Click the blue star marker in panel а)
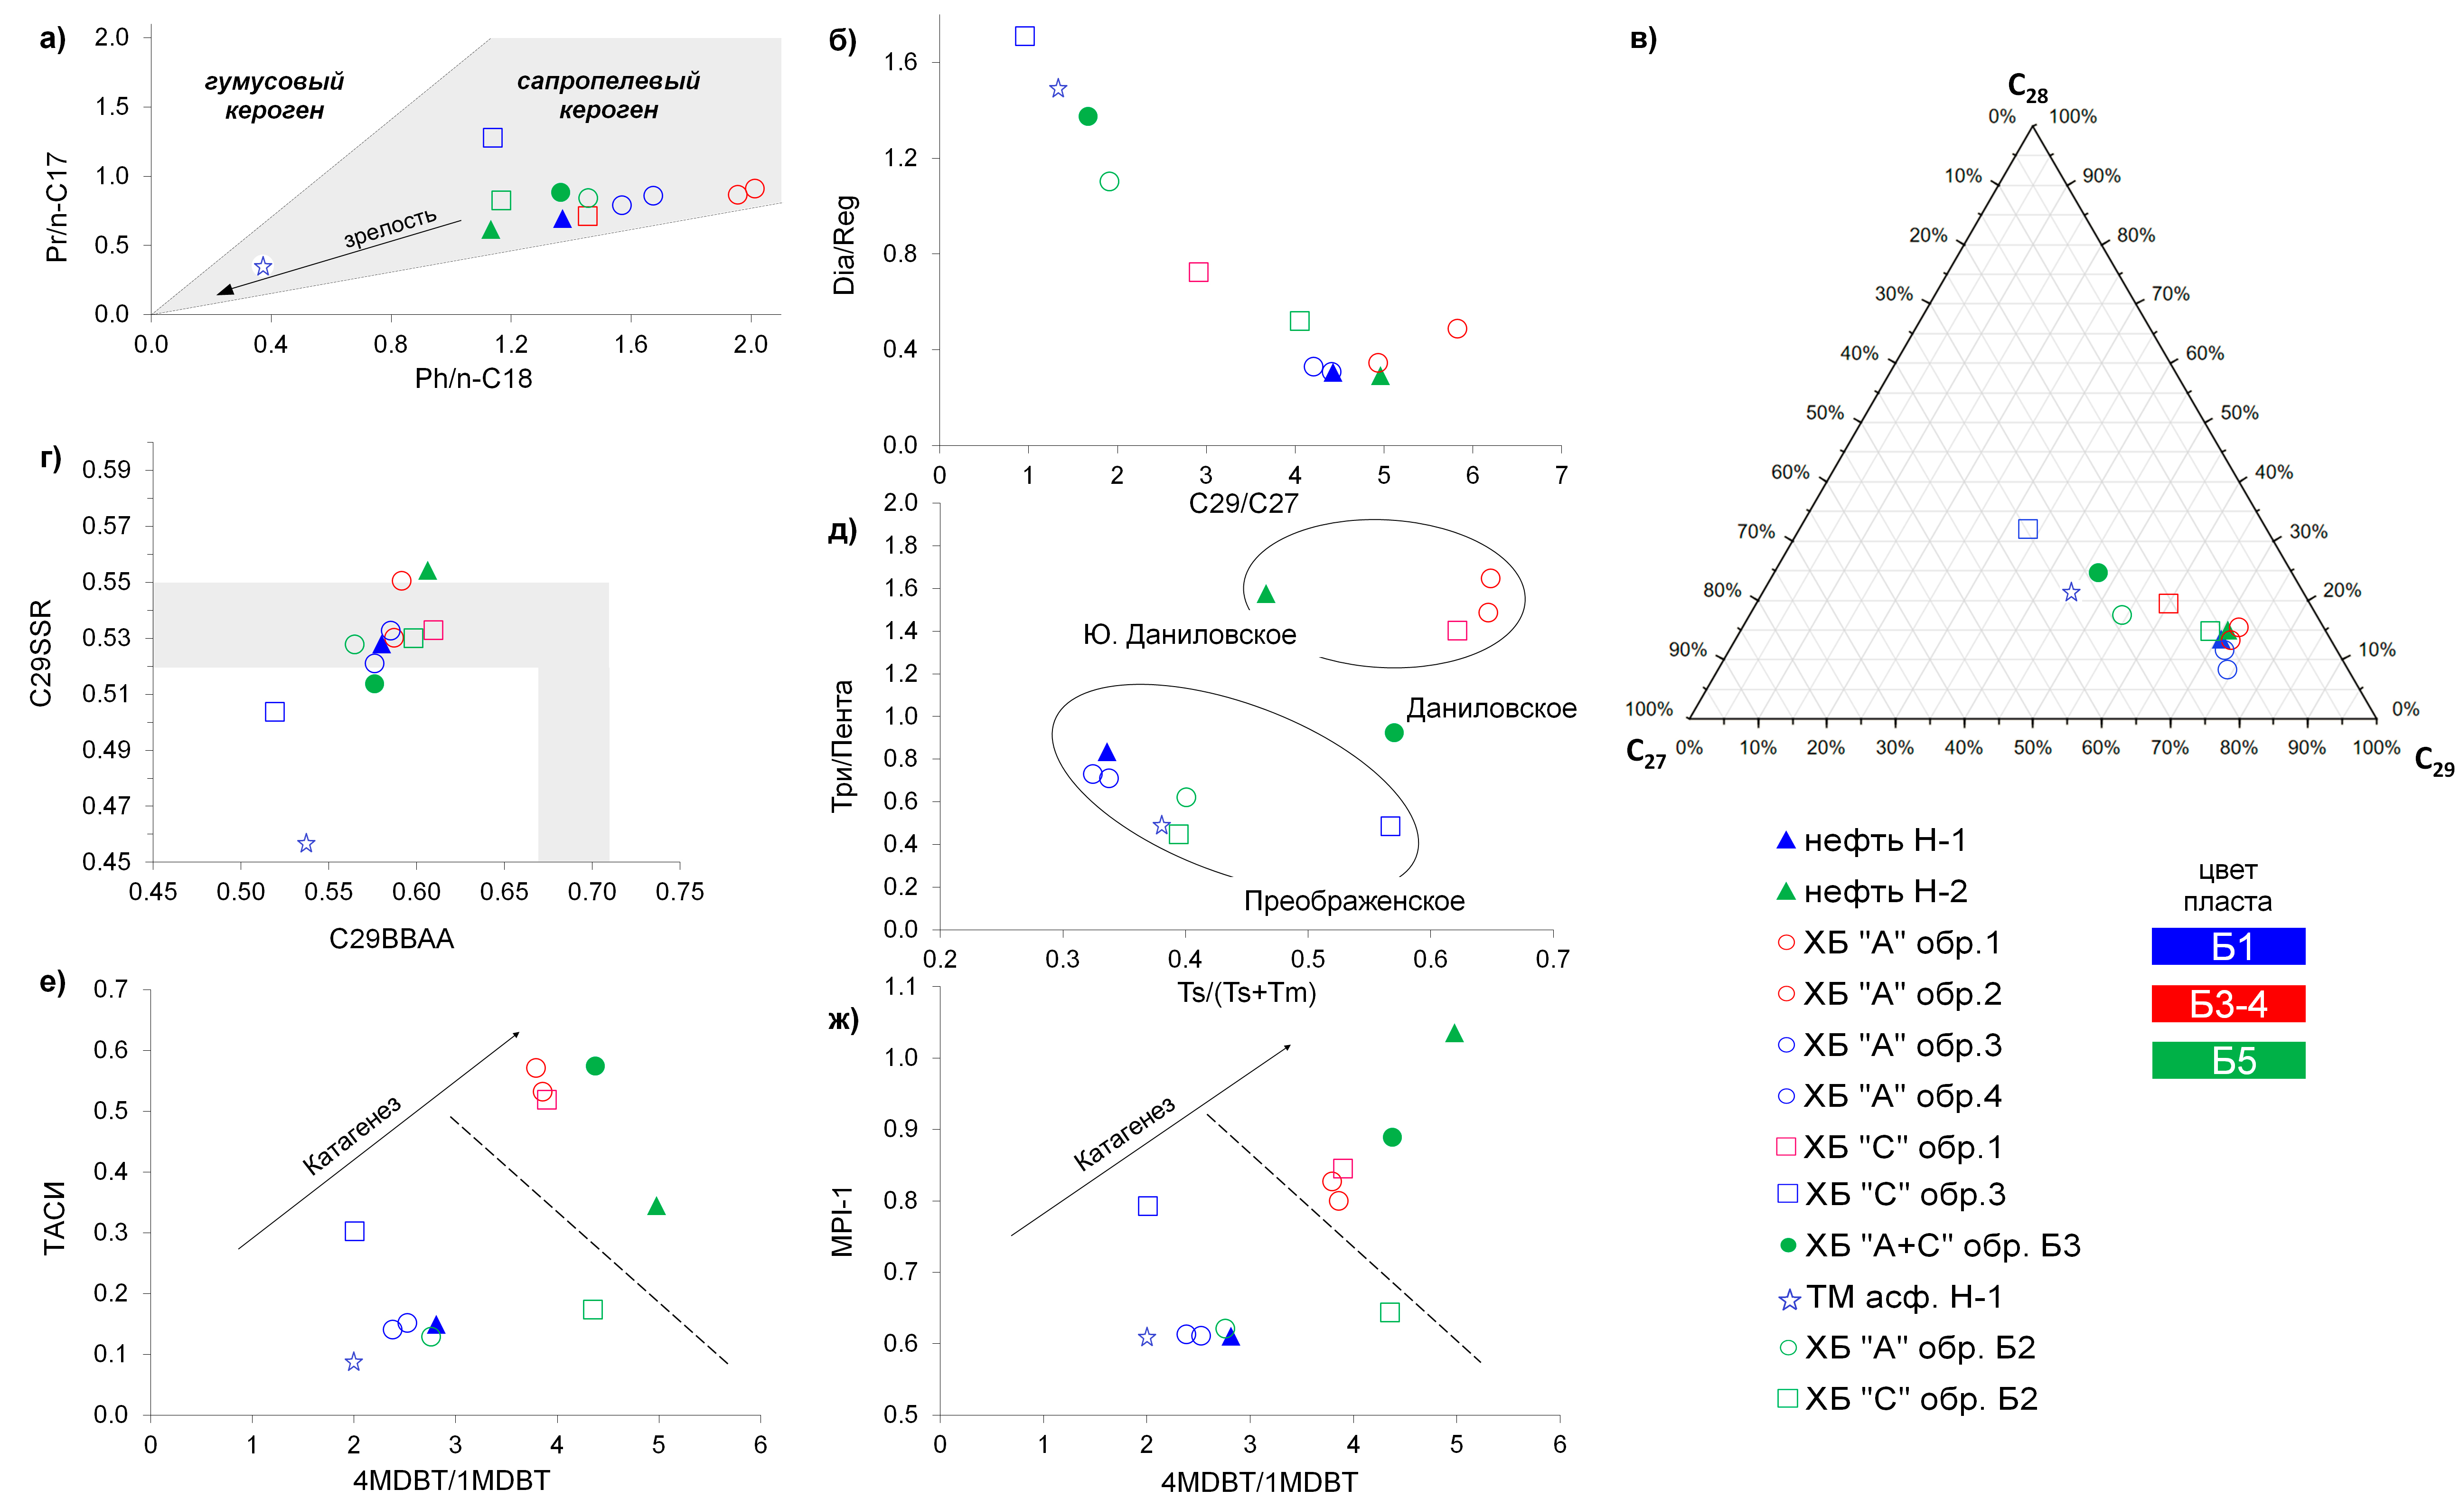point(263,267)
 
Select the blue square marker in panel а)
point(492,138)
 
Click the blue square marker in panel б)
point(1024,36)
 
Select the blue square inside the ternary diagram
point(2028,529)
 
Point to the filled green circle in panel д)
point(1394,733)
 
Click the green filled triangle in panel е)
point(656,1207)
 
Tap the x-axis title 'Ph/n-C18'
point(473,378)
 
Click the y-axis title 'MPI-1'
point(843,1221)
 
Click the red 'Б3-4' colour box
point(2228,1004)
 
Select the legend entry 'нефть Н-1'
point(1872,841)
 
